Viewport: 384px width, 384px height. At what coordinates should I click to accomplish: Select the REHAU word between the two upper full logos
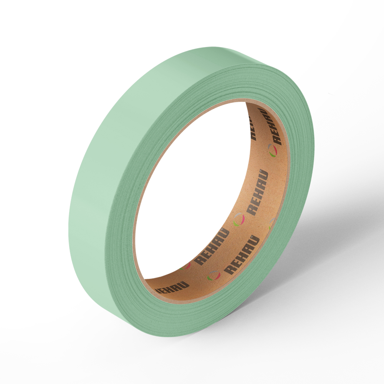point(257,192)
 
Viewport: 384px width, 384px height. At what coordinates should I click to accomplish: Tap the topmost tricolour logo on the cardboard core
point(272,151)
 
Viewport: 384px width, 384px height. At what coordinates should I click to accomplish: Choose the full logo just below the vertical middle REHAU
point(239,220)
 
